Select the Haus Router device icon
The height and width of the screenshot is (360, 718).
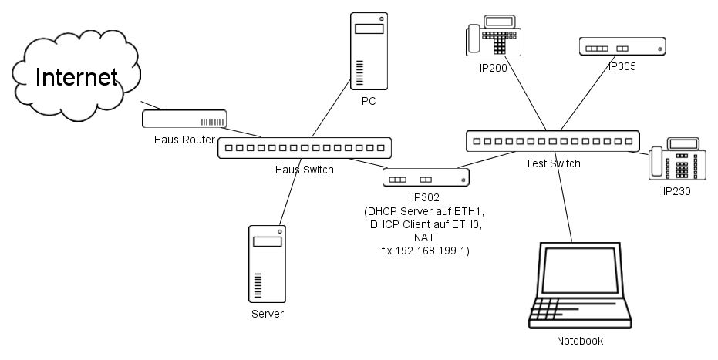point(184,119)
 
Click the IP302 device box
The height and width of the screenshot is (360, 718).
point(426,178)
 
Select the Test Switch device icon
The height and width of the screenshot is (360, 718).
point(553,141)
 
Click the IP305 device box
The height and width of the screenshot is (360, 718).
point(622,47)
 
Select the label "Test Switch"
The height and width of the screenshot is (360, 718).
point(553,163)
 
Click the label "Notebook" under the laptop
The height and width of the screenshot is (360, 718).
point(580,341)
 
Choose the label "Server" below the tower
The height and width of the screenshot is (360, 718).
point(268,315)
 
